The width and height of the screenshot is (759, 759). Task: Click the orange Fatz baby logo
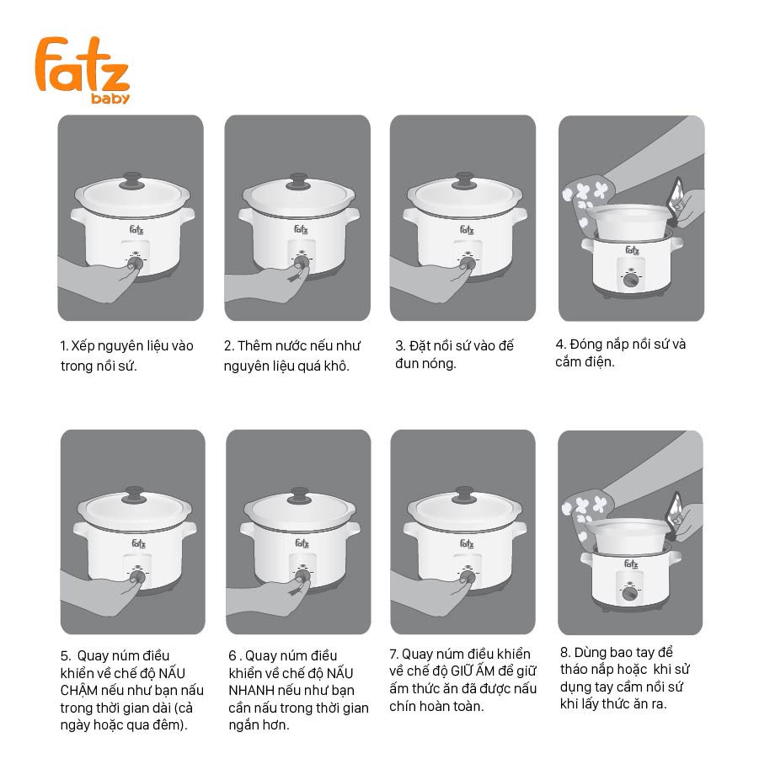83,70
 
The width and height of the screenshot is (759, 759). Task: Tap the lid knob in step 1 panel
131,180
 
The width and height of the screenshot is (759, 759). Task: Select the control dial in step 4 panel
631,280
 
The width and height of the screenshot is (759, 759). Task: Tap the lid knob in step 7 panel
465,495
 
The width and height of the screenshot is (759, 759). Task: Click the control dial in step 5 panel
138,577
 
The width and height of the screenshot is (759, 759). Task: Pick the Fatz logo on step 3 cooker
467,229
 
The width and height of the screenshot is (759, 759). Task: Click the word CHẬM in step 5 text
79,690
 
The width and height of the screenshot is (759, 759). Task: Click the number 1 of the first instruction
63,346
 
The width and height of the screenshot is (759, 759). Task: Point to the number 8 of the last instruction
564,653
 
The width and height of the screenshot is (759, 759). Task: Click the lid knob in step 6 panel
299,495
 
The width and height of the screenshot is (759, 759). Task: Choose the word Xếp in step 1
83,346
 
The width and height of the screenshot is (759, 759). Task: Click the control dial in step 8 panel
629,593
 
